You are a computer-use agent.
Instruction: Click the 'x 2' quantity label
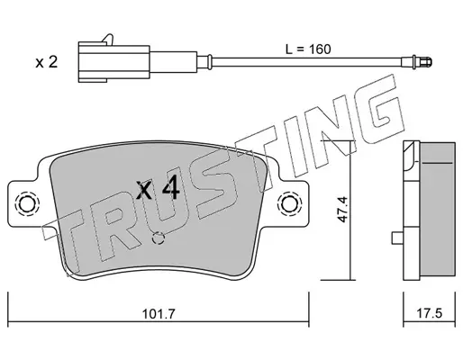point(47,63)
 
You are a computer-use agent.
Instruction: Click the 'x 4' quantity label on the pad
point(159,190)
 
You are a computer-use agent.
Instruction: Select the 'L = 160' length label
point(308,49)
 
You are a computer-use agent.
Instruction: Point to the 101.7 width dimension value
point(159,314)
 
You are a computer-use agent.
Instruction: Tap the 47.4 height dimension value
point(342,210)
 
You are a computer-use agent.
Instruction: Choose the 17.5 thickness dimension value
point(430,314)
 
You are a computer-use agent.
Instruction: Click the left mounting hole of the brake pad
point(29,204)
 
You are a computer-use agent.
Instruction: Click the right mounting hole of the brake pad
point(291,203)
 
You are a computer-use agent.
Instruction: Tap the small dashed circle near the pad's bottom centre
point(159,238)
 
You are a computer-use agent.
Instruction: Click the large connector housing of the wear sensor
point(113,62)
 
